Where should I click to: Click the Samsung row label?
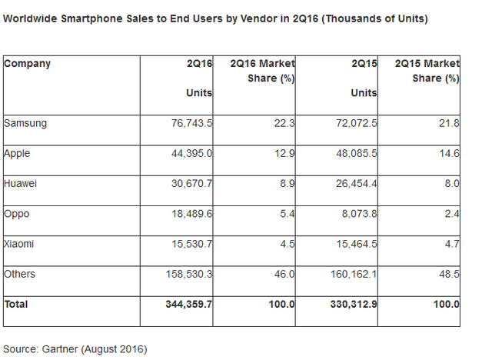coord(24,123)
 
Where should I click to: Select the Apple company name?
coord(18,153)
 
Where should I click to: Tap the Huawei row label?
coord(21,183)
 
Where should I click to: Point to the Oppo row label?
coord(17,213)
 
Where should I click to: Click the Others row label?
coord(20,273)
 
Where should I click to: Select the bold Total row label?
coord(16,304)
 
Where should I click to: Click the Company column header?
coord(27,63)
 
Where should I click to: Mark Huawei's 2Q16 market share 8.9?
coord(288,183)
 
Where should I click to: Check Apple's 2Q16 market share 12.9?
coord(285,153)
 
